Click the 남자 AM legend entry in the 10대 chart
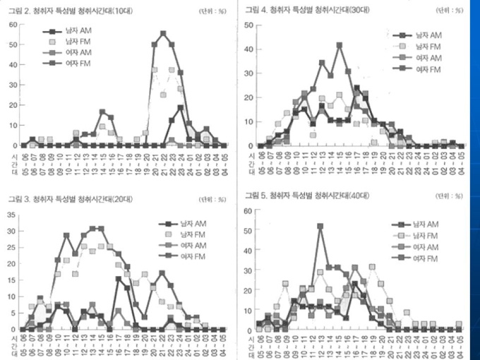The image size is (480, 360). point(68,32)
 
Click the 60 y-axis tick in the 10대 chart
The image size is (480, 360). point(13,25)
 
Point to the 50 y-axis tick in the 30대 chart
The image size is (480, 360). point(248,25)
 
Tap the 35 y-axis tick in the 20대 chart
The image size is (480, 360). point(13,213)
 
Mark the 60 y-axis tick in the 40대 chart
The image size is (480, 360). point(248,211)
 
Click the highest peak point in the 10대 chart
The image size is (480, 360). point(163,33)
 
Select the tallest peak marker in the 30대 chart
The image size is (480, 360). point(340,44)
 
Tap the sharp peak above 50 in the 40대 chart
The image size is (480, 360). point(320,227)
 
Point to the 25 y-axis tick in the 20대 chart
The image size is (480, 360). point(13,246)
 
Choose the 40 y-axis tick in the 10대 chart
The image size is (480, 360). point(13,65)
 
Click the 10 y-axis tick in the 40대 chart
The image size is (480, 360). point(248,311)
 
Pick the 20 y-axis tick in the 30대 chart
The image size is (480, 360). point(248,97)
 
